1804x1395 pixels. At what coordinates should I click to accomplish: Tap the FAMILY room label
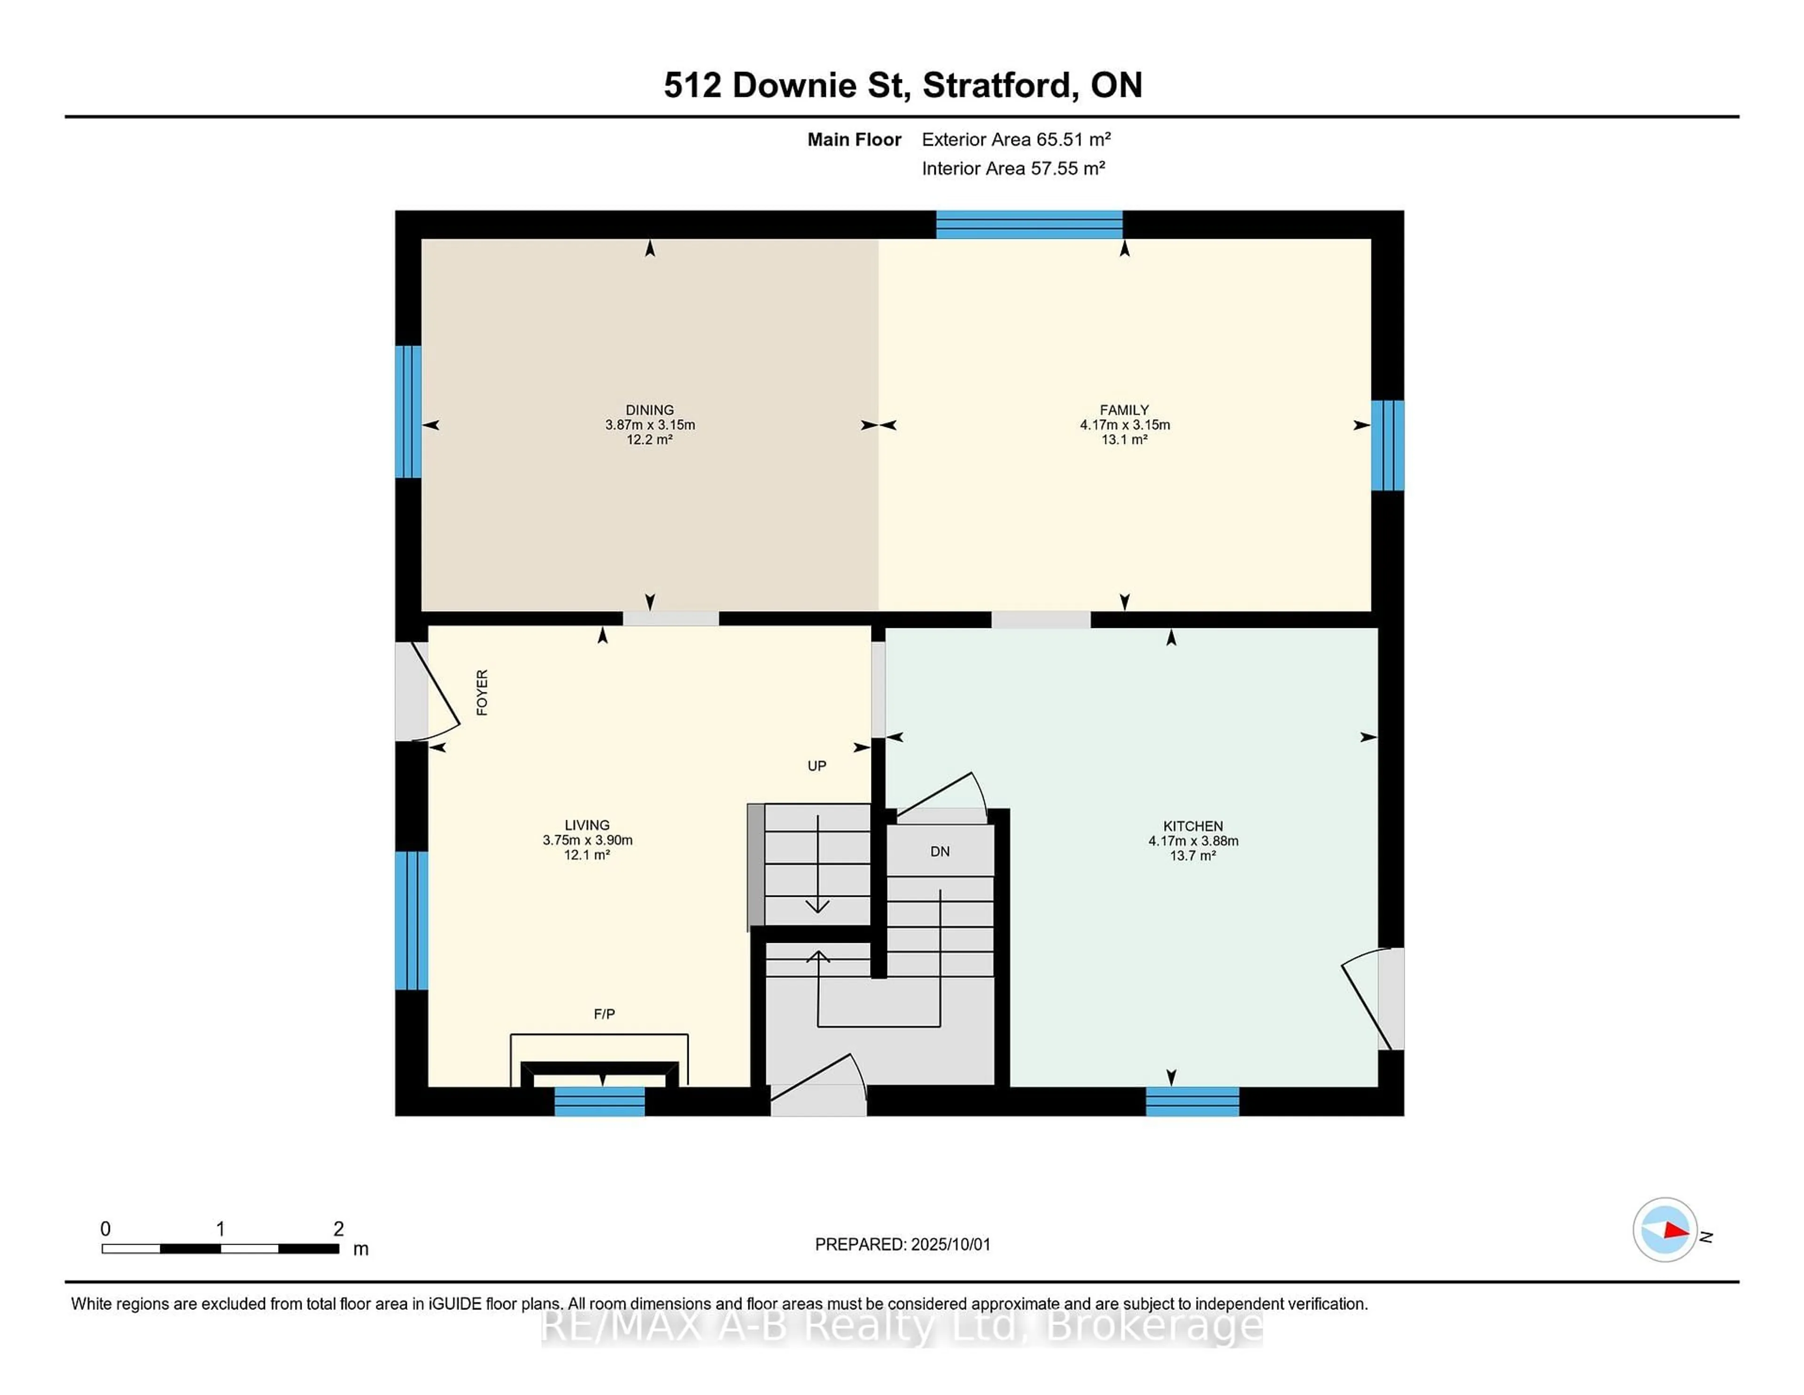tap(1124, 410)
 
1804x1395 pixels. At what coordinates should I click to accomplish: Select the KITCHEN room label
tap(1193, 826)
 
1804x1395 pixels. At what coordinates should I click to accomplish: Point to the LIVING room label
tap(587, 825)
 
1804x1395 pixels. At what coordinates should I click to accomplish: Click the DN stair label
tap(940, 851)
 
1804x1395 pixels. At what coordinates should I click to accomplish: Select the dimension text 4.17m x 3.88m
tap(1193, 840)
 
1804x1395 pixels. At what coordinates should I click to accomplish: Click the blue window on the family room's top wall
tap(1029, 225)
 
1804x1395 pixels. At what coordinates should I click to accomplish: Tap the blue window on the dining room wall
tap(408, 412)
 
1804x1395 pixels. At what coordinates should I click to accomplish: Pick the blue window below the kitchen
tap(1193, 1102)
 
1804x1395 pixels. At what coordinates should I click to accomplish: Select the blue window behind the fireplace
tap(599, 1102)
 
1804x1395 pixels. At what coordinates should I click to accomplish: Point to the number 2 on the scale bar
tap(339, 1229)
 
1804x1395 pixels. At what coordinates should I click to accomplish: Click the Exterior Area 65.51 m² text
tap(1016, 140)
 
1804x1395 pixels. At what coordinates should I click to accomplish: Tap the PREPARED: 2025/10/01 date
tap(903, 1245)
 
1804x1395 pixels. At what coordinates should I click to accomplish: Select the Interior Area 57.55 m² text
tap(1013, 169)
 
